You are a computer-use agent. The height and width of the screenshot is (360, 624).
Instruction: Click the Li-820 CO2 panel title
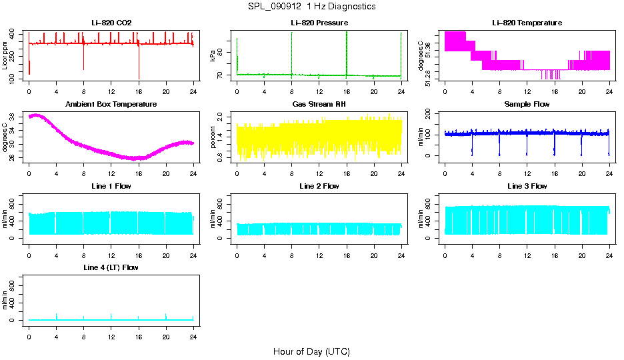pos(111,23)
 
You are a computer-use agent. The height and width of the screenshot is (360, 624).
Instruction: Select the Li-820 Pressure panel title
pos(319,23)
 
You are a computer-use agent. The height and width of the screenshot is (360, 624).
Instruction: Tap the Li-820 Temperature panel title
pos(526,23)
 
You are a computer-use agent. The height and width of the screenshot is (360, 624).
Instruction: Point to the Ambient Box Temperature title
pos(111,105)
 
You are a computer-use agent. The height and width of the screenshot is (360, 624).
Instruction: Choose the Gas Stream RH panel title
pos(319,105)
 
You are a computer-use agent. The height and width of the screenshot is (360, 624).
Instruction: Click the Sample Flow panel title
pos(527,105)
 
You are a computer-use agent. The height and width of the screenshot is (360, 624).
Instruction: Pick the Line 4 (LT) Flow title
pos(111,267)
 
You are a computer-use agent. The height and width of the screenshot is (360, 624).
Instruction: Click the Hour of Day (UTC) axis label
pos(311,351)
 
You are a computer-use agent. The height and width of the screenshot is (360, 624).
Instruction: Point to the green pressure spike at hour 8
pos(291,50)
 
